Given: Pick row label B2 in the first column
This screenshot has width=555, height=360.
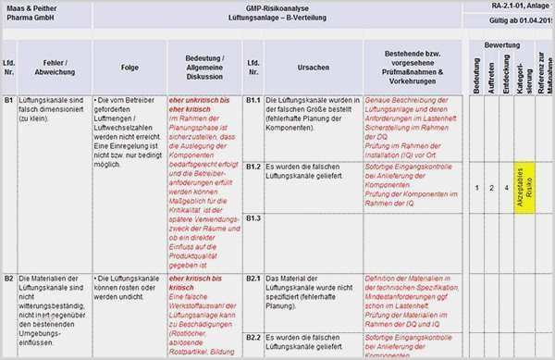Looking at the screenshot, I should [x=8, y=278].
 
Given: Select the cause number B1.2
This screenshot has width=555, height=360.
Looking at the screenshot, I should [x=253, y=167].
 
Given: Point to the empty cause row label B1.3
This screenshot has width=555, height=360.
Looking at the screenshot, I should [x=253, y=217].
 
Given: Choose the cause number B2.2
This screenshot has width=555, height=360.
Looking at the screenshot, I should [x=253, y=338].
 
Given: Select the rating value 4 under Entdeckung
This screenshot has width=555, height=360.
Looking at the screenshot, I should [x=506, y=188].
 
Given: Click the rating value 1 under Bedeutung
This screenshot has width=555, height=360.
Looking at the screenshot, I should [x=476, y=188].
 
